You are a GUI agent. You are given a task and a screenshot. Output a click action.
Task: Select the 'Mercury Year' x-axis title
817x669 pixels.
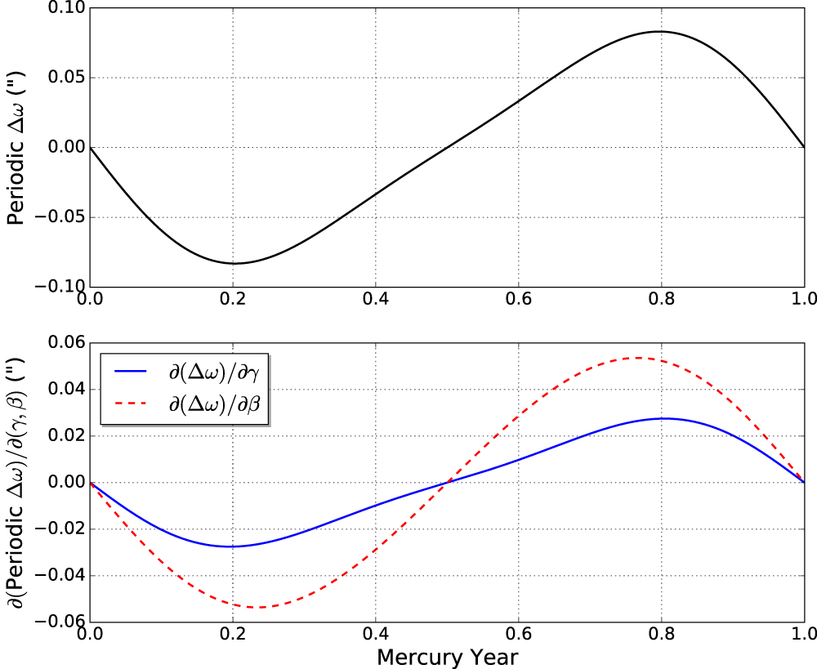(447, 656)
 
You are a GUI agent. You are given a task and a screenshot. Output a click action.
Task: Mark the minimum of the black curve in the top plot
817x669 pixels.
(234, 263)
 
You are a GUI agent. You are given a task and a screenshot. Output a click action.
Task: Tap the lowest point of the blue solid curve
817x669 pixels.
(230, 546)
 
